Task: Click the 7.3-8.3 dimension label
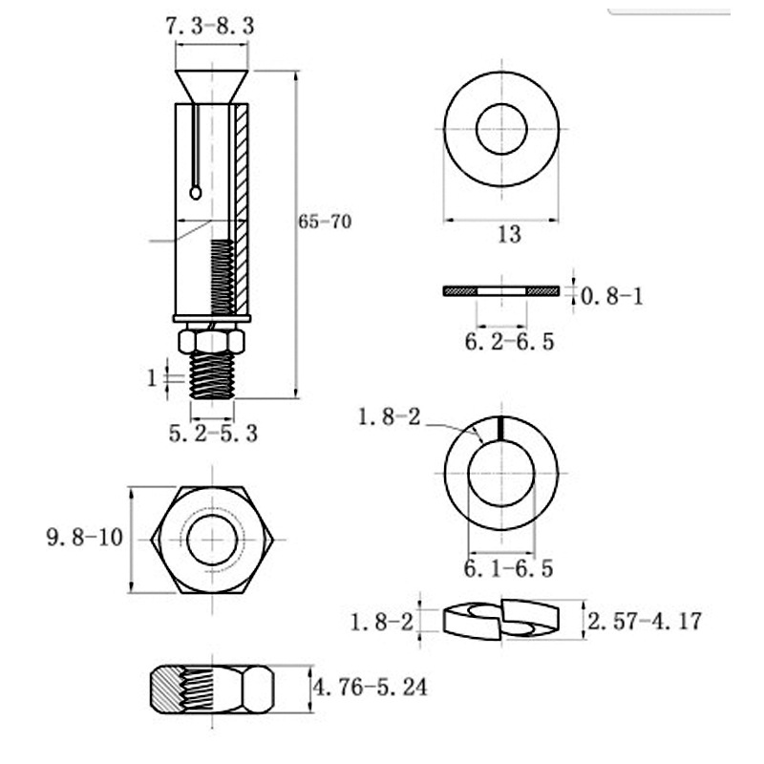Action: (210, 27)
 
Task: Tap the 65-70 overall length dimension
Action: (325, 222)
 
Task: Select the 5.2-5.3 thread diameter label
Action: (213, 433)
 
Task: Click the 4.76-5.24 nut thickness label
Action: (371, 686)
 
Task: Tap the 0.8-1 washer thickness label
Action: (612, 296)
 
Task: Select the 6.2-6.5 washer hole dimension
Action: (509, 341)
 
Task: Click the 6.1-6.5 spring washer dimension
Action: (508, 569)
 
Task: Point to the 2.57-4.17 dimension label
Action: (645, 622)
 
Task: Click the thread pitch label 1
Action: (152, 378)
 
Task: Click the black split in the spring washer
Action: (499, 429)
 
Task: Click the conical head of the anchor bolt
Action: (211, 85)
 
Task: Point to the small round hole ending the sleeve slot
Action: (196, 193)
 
